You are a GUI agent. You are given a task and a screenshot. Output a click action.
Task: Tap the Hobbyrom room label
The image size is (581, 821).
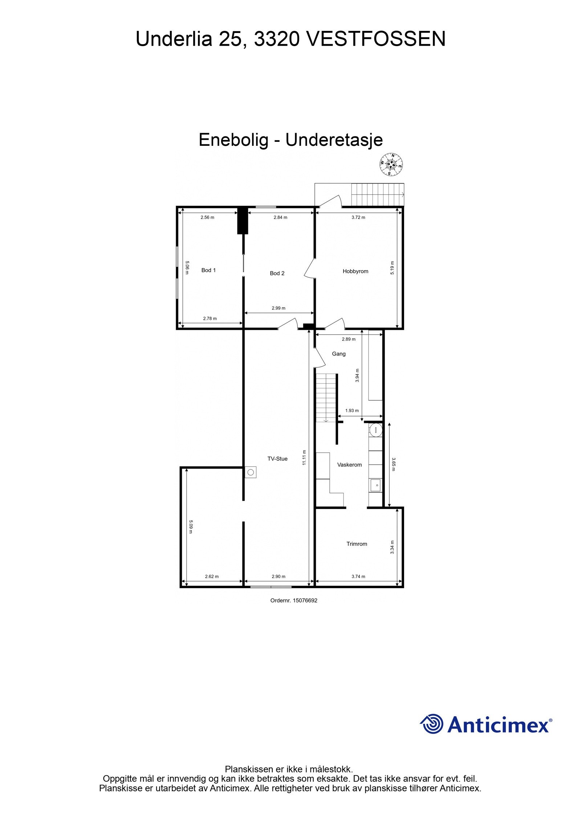(x=355, y=271)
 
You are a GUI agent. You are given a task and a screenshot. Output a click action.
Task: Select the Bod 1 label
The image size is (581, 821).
(x=208, y=270)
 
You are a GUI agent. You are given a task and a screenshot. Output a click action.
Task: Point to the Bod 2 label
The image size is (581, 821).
(x=277, y=273)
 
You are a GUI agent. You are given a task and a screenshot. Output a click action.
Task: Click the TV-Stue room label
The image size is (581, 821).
(x=277, y=459)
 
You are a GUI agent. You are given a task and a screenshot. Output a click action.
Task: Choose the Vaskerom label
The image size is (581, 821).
(x=349, y=464)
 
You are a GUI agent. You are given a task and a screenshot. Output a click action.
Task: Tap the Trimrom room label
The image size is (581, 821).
(x=357, y=543)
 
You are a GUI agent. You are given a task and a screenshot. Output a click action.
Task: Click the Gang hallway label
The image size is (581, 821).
(x=338, y=354)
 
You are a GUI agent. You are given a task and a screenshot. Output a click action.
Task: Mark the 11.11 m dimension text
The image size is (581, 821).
(x=304, y=457)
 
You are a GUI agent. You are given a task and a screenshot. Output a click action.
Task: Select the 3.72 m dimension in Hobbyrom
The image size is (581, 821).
(x=358, y=217)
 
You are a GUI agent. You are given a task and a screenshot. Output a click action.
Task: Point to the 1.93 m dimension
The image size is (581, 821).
(x=352, y=411)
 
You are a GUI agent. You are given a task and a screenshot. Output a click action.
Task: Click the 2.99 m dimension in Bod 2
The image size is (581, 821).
(x=279, y=308)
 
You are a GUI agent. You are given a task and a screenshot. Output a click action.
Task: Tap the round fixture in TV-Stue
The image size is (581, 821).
(x=250, y=472)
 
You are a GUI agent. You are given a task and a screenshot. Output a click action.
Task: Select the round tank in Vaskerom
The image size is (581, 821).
(x=375, y=430)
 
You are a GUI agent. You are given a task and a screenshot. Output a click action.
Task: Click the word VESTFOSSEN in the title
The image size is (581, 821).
(x=376, y=39)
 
